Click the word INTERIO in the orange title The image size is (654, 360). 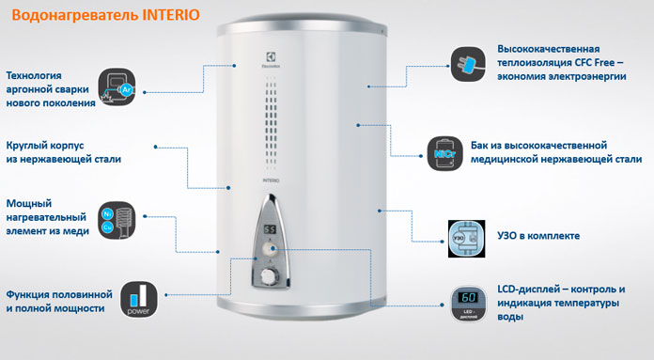171,15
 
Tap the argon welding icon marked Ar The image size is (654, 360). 117,86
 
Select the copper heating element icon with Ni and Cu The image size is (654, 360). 117,220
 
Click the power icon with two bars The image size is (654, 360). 139,300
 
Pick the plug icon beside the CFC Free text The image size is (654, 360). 468,64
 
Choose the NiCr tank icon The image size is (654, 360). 445,153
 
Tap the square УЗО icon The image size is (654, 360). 466,239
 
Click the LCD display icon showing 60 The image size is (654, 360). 468,304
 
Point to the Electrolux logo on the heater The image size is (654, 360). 271,60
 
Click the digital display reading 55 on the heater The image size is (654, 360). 270,229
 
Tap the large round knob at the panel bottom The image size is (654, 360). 269,275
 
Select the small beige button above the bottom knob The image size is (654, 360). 268,249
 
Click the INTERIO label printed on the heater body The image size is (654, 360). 271,180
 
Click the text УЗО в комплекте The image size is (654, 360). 538,236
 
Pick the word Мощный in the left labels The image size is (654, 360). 29,204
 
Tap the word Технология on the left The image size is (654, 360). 34,75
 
